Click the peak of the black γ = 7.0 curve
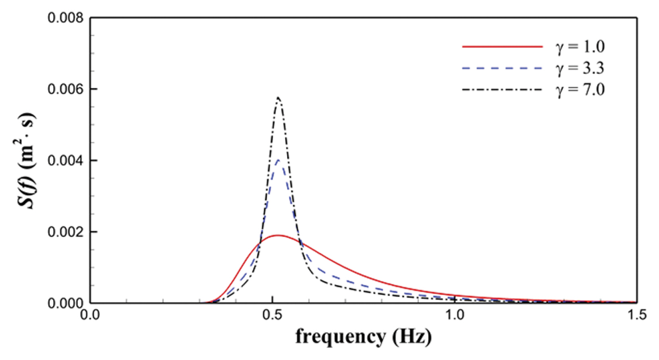278,98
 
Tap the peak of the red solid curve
278,235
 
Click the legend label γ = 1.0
580,47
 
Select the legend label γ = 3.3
580,68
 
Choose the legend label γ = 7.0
580,89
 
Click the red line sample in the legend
502,47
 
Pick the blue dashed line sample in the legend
502,68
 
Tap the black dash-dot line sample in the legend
502,89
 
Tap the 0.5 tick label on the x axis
273,315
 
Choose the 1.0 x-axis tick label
455,315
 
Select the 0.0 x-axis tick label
90,315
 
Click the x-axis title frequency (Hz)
363,336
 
